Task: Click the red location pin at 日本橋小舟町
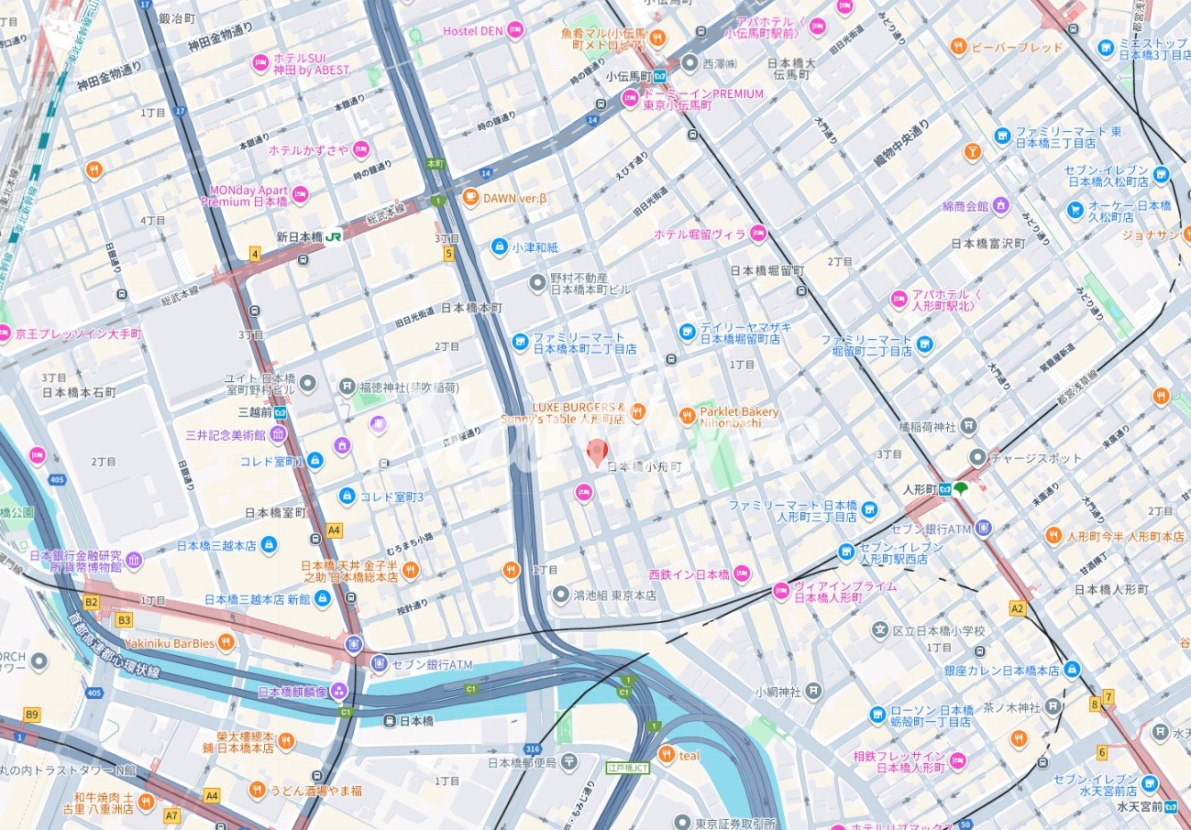click(597, 452)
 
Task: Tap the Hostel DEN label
click(472, 31)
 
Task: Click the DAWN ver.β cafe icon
click(470, 197)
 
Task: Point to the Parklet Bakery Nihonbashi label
click(739, 418)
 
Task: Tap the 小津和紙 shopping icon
click(499, 246)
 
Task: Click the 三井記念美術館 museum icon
click(278, 434)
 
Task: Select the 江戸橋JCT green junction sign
click(628, 767)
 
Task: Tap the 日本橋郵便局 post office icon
click(569, 762)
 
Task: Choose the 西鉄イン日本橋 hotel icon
click(742, 574)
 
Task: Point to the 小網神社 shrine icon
click(813, 691)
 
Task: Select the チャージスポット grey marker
click(978, 455)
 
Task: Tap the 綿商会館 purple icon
click(1000, 205)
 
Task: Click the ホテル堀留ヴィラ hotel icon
click(757, 235)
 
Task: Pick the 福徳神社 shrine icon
click(347, 386)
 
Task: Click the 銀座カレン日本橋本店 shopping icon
click(1072, 670)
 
